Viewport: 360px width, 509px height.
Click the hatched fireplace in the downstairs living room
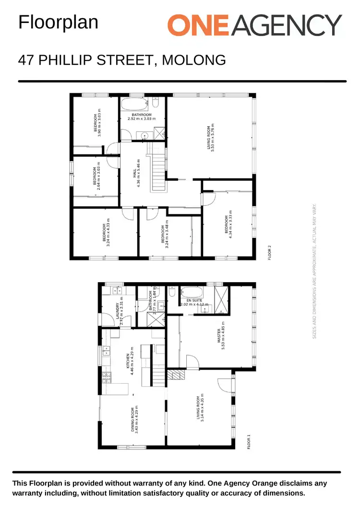(176, 375)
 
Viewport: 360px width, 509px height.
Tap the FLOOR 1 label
(249, 441)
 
